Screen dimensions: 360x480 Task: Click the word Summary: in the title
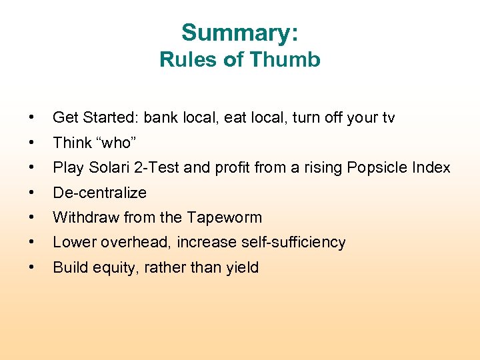pos(240,33)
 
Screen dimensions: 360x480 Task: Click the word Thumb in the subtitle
pos(286,60)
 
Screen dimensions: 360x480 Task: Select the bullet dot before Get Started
pos(31,118)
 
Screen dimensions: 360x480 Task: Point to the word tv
pos(387,118)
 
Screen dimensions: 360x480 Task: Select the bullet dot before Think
pos(31,143)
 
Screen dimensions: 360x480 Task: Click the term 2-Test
pos(157,167)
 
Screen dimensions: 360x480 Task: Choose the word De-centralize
pos(99,193)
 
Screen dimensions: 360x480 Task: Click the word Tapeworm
pos(226,217)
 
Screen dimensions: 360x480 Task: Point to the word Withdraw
pos(82,217)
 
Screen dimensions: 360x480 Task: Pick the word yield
pos(243,268)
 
